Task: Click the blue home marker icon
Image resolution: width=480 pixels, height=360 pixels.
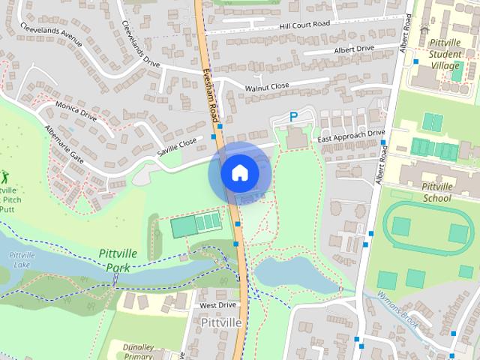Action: pyautogui.click(x=239, y=172)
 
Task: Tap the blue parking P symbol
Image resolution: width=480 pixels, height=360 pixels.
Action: pyautogui.click(x=295, y=117)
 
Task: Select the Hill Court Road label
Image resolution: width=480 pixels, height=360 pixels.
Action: pyautogui.click(x=304, y=25)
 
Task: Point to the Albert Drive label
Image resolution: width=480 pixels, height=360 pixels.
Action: pyautogui.click(x=354, y=49)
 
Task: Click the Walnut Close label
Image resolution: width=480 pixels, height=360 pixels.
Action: pyautogui.click(x=266, y=88)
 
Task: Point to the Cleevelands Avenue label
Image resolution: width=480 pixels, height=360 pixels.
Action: pyautogui.click(x=52, y=34)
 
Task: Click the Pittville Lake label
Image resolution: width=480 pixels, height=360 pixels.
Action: pyautogui.click(x=22, y=261)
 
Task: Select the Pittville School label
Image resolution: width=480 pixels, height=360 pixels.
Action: pyautogui.click(x=436, y=193)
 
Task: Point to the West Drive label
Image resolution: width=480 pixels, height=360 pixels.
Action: pyautogui.click(x=217, y=306)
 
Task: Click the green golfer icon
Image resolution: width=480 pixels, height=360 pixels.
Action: pyautogui.click(x=6, y=178)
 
